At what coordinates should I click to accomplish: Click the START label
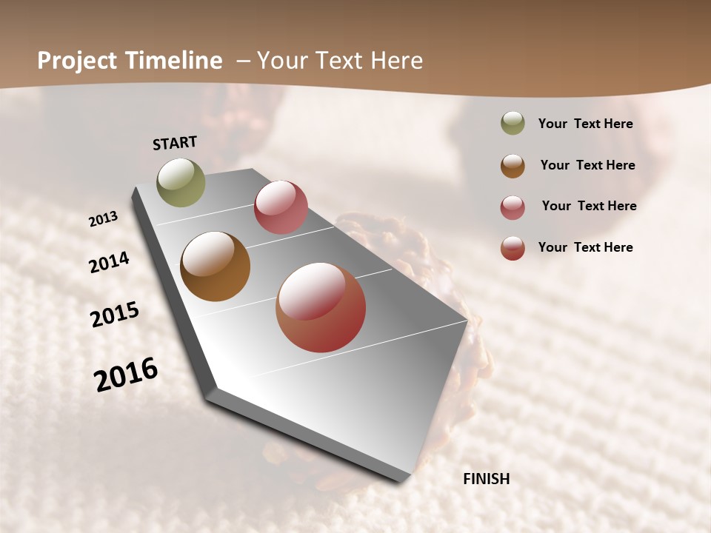coord(175,143)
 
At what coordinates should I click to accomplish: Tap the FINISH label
coord(486,479)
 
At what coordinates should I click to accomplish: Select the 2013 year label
coord(103,219)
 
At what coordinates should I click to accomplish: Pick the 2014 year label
coord(109,262)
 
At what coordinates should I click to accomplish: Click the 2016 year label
coord(126,375)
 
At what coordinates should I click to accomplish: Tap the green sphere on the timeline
coord(181,182)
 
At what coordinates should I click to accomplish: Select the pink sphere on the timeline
coord(281,207)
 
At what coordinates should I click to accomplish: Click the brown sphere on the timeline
coord(215,266)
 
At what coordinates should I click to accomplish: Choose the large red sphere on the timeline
coord(321,307)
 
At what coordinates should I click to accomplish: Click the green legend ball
coord(513,124)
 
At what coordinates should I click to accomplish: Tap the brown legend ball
coord(513,166)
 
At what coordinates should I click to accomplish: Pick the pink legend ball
coord(513,207)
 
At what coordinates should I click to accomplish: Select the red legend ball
coord(513,248)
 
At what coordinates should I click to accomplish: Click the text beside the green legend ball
coord(585,124)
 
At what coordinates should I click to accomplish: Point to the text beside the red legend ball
coord(585,247)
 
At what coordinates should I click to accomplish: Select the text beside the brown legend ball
coord(587,165)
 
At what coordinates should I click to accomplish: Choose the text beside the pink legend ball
coord(589,206)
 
